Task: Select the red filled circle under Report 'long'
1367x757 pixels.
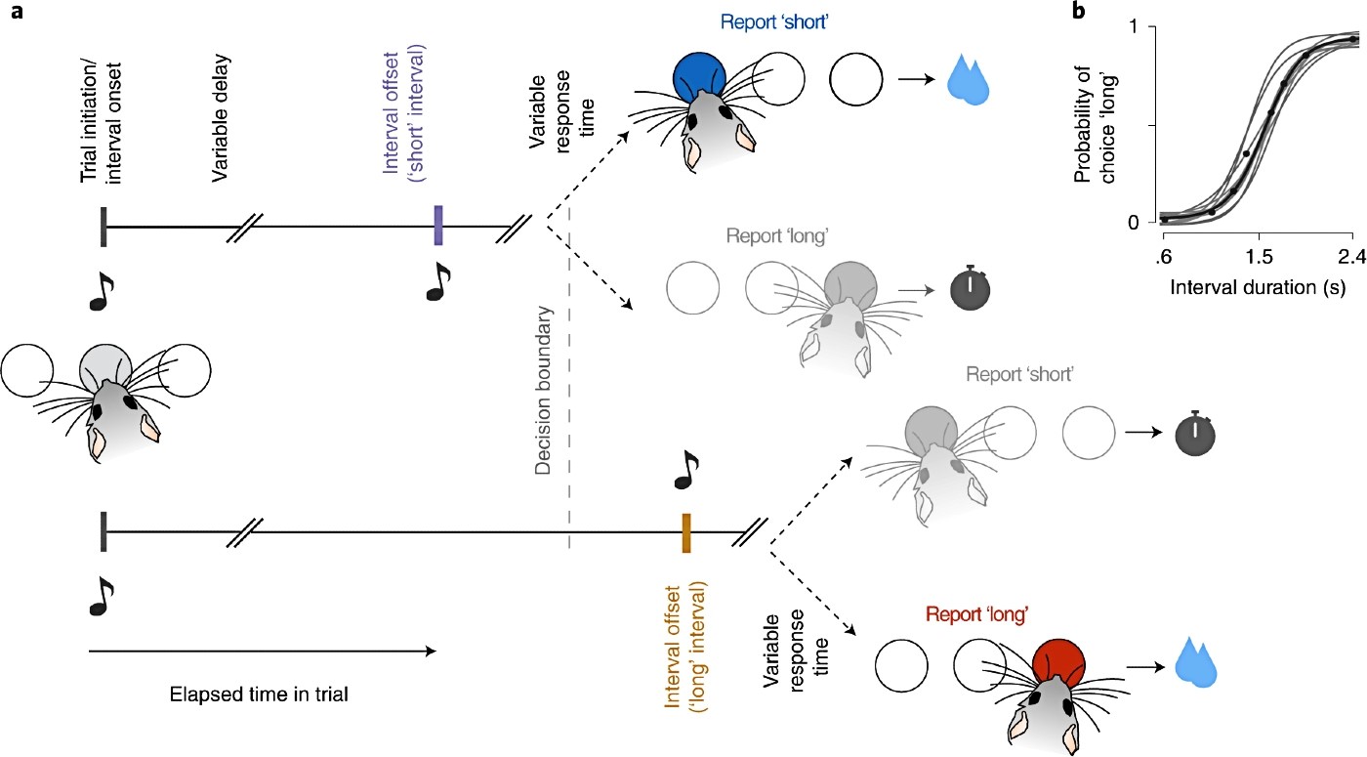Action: [1058, 662]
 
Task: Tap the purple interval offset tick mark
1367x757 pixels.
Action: [438, 226]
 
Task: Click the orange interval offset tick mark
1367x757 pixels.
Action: [685, 533]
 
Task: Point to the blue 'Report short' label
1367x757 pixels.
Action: [773, 21]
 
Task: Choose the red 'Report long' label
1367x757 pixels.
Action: [977, 613]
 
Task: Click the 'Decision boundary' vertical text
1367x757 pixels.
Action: [543, 391]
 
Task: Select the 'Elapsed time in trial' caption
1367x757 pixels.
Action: [259, 694]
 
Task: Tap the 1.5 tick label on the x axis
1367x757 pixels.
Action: [1259, 256]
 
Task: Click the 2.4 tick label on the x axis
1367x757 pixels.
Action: [1351, 256]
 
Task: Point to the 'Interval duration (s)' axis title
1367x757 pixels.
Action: [1258, 287]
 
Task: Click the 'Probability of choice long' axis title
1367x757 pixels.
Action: [1096, 125]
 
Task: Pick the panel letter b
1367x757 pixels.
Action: [1079, 11]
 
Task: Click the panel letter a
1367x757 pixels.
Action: [17, 12]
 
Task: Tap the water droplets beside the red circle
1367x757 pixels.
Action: [1195, 662]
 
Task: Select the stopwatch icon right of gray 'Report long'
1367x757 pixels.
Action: [970, 288]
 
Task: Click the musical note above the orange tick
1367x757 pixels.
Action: [685, 470]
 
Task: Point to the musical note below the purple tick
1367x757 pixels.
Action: [437, 282]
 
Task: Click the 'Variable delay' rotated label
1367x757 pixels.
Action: [220, 118]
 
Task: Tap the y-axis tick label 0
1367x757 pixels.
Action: [1134, 223]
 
